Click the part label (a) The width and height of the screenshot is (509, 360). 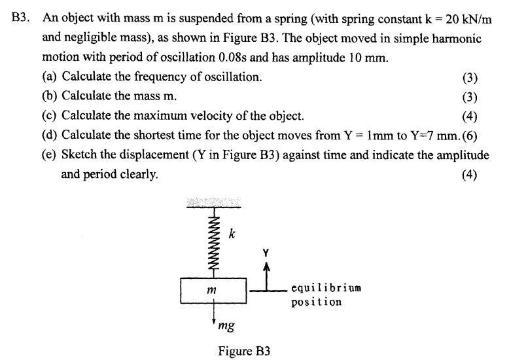click(50, 77)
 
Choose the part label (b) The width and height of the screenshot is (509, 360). click(50, 97)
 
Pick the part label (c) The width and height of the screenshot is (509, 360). click(50, 117)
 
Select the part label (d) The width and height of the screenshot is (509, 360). click(50, 136)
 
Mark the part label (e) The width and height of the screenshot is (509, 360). click(50, 156)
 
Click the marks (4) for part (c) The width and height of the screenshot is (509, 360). click(469, 117)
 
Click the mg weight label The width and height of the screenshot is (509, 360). click(226, 325)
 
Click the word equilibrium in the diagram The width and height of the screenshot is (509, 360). click(326, 288)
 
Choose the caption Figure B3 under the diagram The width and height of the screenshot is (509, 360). click(243, 350)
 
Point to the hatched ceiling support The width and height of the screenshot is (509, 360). click(213, 202)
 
